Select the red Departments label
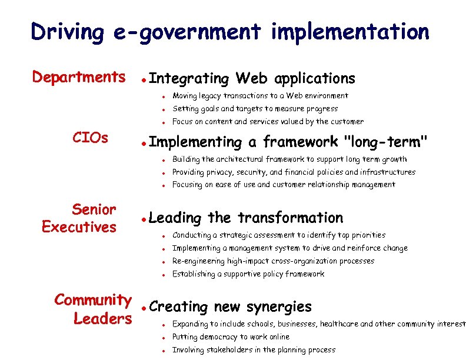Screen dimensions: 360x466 tap(78, 77)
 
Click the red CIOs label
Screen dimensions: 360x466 tap(90, 138)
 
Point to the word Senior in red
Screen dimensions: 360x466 tap(94, 209)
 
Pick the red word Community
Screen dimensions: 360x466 tap(93, 300)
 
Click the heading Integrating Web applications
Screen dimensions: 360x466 tap(252, 78)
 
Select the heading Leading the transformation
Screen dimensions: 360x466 tap(246, 218)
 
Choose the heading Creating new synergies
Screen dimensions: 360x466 tap(231, 306)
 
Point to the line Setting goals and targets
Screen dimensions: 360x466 tap(255, 109)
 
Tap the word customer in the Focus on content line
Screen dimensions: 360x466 tap(348, 122)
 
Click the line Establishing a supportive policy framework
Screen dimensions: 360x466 tap(248, 274)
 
